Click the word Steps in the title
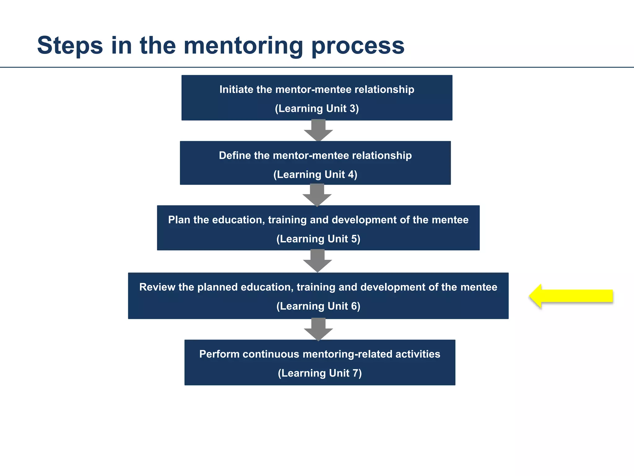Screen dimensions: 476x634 coord(70,46)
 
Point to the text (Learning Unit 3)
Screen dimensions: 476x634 coord(317,108)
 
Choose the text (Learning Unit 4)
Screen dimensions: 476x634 coord(315,174)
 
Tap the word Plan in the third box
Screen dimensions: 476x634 coord(179,220)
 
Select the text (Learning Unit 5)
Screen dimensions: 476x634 coord(318,239)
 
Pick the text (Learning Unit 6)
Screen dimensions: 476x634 coord(318,306)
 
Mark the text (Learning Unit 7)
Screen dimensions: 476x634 coord(320,373)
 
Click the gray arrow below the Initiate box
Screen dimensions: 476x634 coord(318,130)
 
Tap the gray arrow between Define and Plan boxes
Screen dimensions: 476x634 coord(317,195)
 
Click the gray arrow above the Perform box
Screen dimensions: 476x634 coord(318,329)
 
